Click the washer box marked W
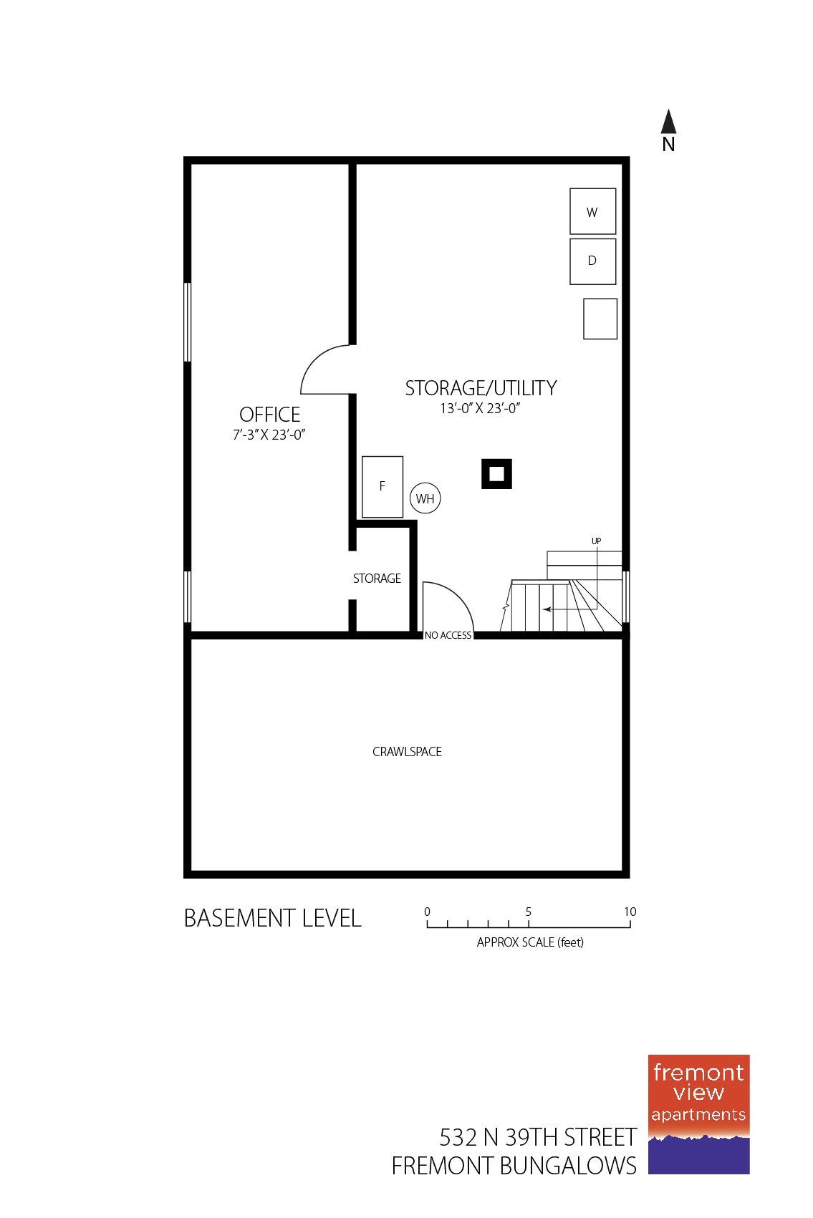click(x=592, y=211)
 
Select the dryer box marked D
click(x=592, y=261)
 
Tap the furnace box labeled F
click(x=382, y=486)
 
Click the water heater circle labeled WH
click(x=425, y=498)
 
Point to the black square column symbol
click(x=496, y=473)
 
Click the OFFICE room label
click(x=269, y=415)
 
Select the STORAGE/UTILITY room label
click(x=481, y=388)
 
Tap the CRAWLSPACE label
click(x=407, y=752)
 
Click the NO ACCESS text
click(x=448, y=635)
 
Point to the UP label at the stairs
click(x=596, y=541)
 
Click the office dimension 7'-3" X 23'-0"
click(x=269, y=435)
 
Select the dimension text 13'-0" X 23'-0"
click(x=480, y=409)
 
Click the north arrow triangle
click(x=668, y=122)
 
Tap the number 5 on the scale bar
click(x=529, y=912)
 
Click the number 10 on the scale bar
click(x=630, y=912)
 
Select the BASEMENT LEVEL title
click(x=272, y=918)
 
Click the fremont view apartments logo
click(x=698, y=1113)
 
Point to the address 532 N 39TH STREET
click(x=538, y=1137)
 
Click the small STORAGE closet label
click(x=377, y=579)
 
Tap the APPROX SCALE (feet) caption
click(x=530, y=942)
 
